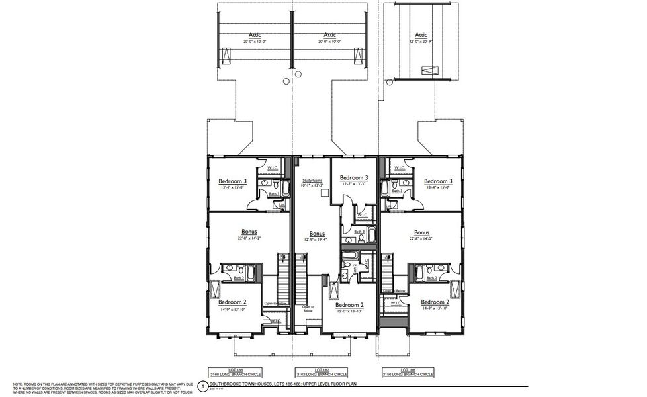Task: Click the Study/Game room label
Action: point(312,180)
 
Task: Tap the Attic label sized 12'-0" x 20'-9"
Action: point(421,35)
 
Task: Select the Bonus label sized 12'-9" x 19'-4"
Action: point(318,234)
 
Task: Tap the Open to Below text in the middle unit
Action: point(309,308)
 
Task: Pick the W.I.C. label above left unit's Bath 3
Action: point(273,168)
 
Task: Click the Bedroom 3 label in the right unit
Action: point(438,181)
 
